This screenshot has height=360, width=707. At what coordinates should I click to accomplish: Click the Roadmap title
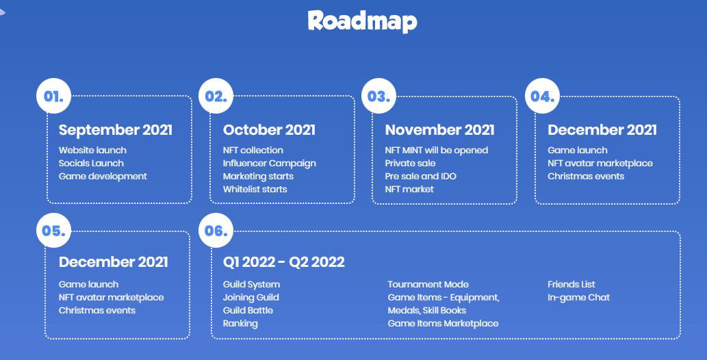click(363, 21)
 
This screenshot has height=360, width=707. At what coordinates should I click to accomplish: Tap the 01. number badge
click(53, 96)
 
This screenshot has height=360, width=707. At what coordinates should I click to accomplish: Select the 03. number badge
click(378, 96)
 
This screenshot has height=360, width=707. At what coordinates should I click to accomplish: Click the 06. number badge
click(216, 231)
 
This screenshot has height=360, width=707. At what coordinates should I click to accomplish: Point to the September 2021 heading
click(116, 130)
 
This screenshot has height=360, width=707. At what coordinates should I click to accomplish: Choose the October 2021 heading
click(269, 130)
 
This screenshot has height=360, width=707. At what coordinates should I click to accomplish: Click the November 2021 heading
click(439, 130)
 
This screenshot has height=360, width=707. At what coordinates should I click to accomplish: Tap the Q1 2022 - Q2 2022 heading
click(283, 262)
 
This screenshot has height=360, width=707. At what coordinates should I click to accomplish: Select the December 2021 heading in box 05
click(113, 262)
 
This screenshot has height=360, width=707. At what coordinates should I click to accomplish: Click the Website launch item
click(92, 150)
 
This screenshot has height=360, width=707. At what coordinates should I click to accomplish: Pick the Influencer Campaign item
click(269, 164)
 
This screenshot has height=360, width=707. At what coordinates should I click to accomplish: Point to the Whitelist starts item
click(255, 189)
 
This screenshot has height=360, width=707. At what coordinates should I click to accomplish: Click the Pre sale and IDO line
click(421, 176)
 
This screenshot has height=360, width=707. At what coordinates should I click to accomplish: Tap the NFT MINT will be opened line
click(437, 150)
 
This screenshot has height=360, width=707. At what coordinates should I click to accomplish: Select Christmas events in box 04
click(586, 176)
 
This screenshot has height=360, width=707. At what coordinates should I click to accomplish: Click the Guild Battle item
click(248, 310)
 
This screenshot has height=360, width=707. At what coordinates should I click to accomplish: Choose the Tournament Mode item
click(428, 285)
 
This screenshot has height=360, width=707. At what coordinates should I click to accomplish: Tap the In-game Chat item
click(578, 298)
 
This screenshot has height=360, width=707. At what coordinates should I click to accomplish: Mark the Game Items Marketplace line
click(443, 324)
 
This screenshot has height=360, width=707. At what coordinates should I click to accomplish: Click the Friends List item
click(571, 285)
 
